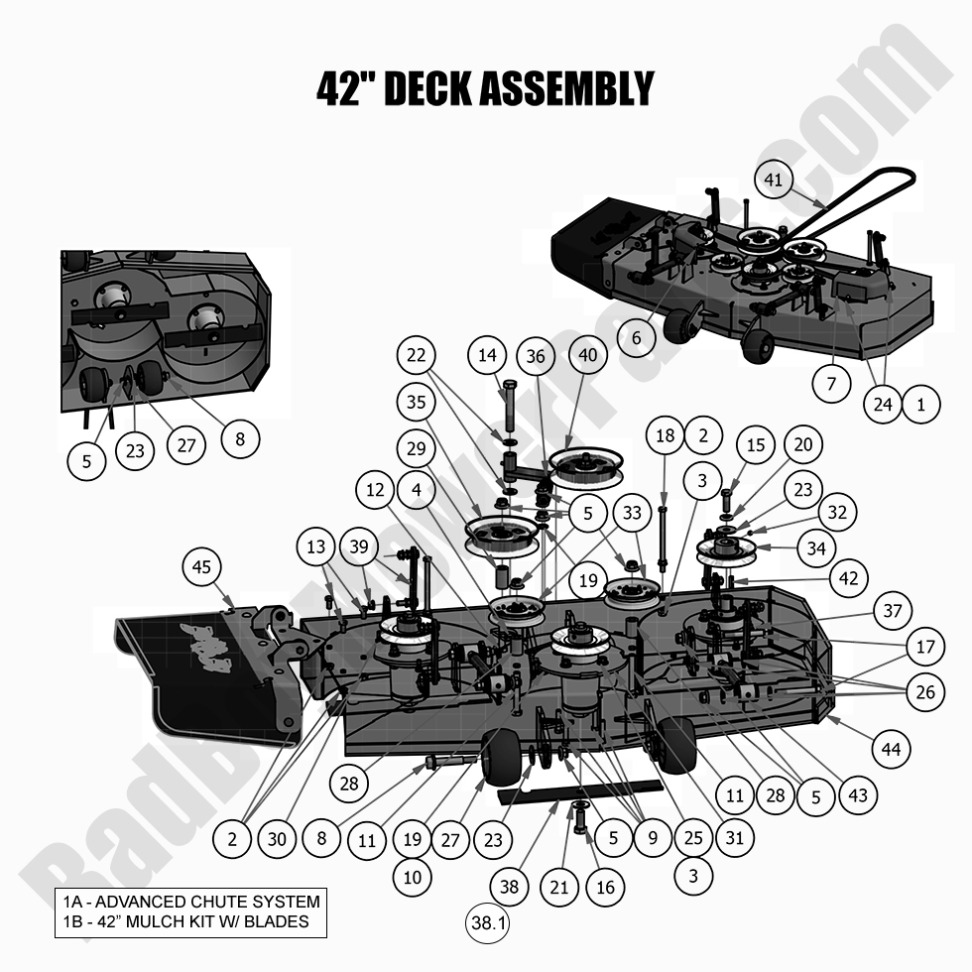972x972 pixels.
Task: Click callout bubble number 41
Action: pos(775,181)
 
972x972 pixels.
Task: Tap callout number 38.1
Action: pos(488,924)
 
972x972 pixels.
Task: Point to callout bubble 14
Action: pos(488,356)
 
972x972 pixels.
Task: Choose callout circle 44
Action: pos(890,749)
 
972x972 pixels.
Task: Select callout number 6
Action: pos(637,337)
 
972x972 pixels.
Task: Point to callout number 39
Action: pos(359,547)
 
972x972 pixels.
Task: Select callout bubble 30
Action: pos(277,839)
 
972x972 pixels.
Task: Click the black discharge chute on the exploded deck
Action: pos(188,679)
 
